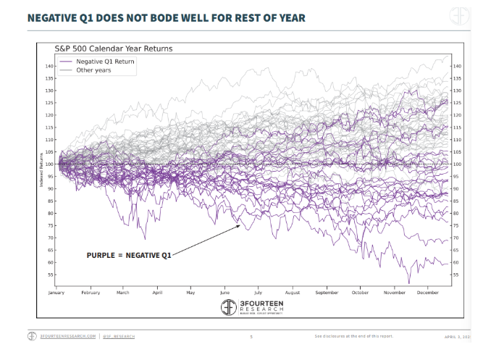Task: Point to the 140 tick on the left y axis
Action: pyautogui.click(x=49, y=67)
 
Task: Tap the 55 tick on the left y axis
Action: pyautogui.click(x=51, y=275)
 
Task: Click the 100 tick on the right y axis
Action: pyautogui.click(x=457, y=164)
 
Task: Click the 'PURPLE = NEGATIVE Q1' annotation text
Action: pyautogui.click(x=130, y=255)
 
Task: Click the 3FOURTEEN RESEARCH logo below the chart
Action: pyautogui.click(x=252, y=307)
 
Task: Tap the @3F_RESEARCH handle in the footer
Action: pyautogui.click(x=119, y=337)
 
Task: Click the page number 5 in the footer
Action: pyautogui.click(x=251, y=337)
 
